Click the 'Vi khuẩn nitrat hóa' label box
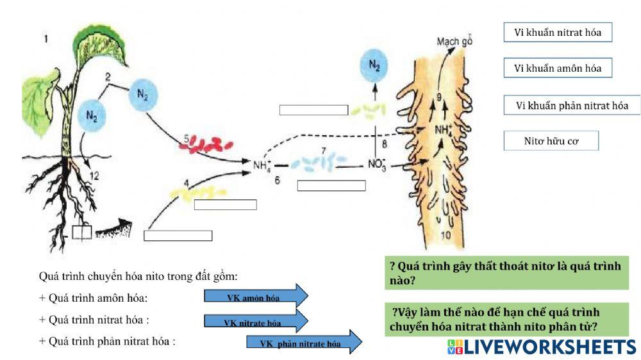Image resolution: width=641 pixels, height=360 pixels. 558,33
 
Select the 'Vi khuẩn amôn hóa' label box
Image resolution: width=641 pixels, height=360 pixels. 558,68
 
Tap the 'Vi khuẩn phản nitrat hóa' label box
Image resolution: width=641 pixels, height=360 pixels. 572,106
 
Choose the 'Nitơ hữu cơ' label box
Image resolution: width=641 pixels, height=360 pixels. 551,141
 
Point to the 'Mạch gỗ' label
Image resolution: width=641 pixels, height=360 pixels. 454,42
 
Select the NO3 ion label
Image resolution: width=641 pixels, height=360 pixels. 377,165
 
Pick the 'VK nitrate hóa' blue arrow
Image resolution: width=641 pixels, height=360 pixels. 256,322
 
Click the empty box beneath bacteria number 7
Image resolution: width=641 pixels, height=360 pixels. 331,186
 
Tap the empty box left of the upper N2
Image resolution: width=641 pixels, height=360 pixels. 313,110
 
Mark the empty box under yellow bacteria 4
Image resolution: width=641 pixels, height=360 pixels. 225,205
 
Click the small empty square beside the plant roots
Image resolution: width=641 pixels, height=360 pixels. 81,232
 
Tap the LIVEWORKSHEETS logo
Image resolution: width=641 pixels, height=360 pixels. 542,347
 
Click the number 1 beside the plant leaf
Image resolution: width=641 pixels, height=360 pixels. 46,40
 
